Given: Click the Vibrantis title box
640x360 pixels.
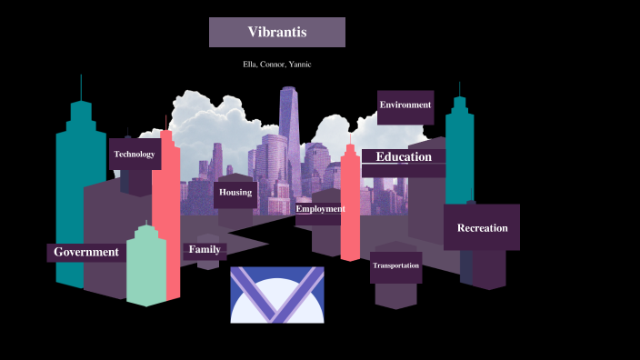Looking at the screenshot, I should [277, 33].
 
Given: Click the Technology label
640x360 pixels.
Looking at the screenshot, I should [135, 155].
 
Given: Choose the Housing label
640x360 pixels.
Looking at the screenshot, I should [235, 193].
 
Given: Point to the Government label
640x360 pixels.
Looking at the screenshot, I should [86, 252].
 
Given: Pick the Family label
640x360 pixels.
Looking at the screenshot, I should [205, 249].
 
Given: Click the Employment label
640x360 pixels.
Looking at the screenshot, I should [320, 209].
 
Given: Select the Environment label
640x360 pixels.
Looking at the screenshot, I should [405, 105].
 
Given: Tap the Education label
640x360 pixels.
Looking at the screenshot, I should [404, 157].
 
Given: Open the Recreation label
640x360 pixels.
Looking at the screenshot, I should [482, 228].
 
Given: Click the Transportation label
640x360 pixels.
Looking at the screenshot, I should [395, 265].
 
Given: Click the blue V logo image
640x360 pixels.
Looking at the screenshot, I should [277, 295].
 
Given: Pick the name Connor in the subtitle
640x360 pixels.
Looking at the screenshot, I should [275, 65].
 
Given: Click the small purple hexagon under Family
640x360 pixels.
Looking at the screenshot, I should [208, 265].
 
